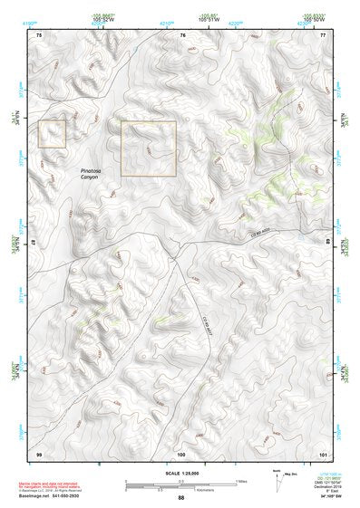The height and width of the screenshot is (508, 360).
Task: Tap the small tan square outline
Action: coord(53,134)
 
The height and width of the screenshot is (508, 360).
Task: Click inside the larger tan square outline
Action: coord(148,148)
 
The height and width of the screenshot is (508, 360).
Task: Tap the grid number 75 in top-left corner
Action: coord(39,34)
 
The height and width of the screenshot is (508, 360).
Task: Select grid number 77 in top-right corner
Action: coord(323,34)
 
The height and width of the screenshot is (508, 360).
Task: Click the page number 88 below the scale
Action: coord(180,499)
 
